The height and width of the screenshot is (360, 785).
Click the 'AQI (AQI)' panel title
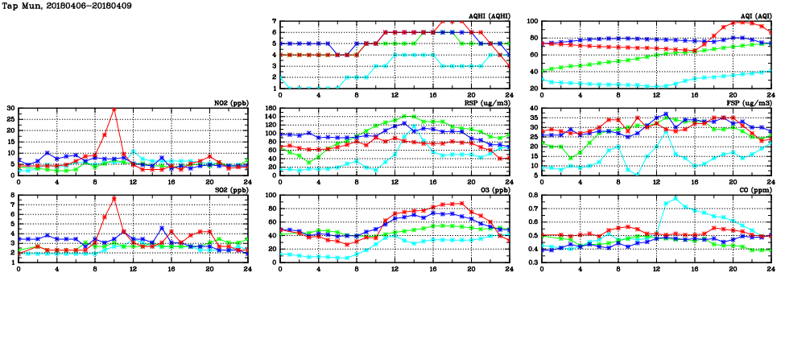tap(754, 16)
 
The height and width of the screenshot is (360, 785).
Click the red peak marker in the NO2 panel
tap(114, 109)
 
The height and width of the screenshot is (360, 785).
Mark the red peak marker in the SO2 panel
tap(114, 198)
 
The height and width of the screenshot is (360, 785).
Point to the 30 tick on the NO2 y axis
tap(10, 108)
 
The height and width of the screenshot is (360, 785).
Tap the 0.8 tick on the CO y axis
tap(532, 195)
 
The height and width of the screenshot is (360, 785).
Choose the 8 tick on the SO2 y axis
tap(13, 195)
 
